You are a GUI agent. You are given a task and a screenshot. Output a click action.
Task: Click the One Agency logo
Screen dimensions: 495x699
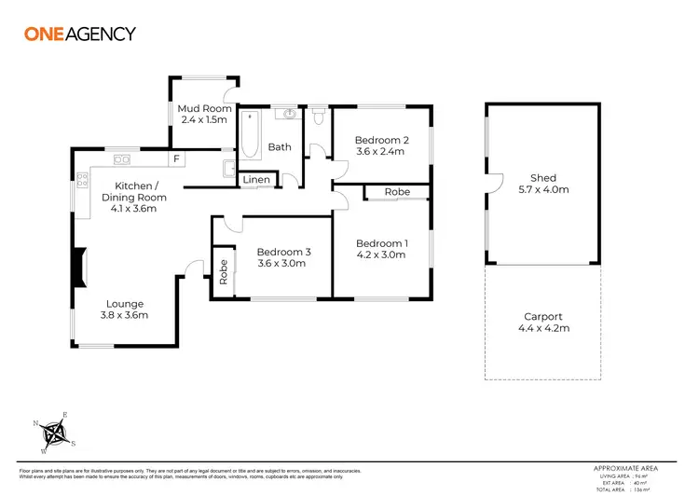pos(79,34)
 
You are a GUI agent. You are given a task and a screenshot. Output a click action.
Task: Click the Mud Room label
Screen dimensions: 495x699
pos(198,109)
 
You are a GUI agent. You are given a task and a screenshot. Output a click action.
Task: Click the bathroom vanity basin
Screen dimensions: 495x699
pos(290,116)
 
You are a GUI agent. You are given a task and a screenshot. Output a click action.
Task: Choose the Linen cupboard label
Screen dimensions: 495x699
pos(256,179)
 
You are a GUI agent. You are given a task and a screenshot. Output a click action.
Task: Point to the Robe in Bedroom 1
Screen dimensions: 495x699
pos(396,192)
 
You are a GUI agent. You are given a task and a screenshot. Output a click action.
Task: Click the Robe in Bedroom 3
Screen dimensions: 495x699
pos(223,270)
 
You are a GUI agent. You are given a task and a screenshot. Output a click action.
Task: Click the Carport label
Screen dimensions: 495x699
pos(543,317)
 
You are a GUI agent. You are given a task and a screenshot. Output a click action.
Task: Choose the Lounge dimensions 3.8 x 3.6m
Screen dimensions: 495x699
pos(124,315)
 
